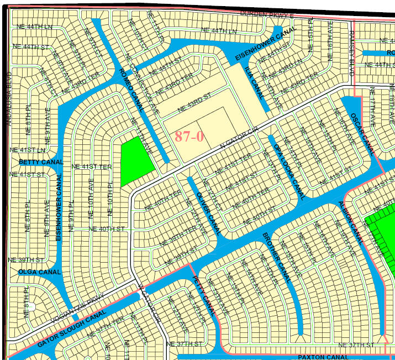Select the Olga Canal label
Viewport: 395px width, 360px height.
pyautogui.click(x=39, y=272)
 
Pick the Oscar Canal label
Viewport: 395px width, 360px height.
pyautogui.click(x=362, y=133)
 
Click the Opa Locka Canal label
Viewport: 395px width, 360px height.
pyautogui.click(x=289, y=171)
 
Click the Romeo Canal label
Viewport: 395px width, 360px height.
pyautogui.click(x=128, y=88)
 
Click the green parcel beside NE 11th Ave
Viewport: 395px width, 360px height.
pyautogui.click(x=136, y=161)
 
